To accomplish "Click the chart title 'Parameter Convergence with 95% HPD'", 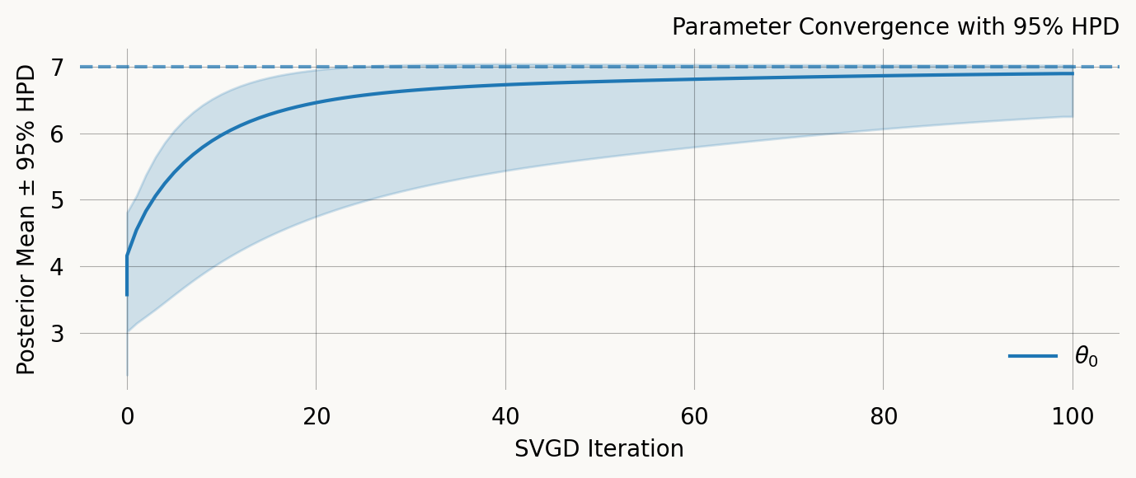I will [895, 27].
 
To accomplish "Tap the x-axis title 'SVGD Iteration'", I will [599, 449].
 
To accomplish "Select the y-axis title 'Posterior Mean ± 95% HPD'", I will [27, 219].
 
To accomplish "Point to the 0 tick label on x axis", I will [127, 417].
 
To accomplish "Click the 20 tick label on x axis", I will [316, 417].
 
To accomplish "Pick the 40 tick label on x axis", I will [505, 417].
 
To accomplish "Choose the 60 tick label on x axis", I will [694, 417].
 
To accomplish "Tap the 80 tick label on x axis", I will [883, 417].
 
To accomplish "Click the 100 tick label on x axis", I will [1072, 417].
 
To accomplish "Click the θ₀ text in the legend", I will [1086, 357].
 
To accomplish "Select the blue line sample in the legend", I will [1033, 356].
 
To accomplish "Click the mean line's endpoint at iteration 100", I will [1072, 73].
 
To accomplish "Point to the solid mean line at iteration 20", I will [316, 102].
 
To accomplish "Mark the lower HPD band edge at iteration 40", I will [505, 171].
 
